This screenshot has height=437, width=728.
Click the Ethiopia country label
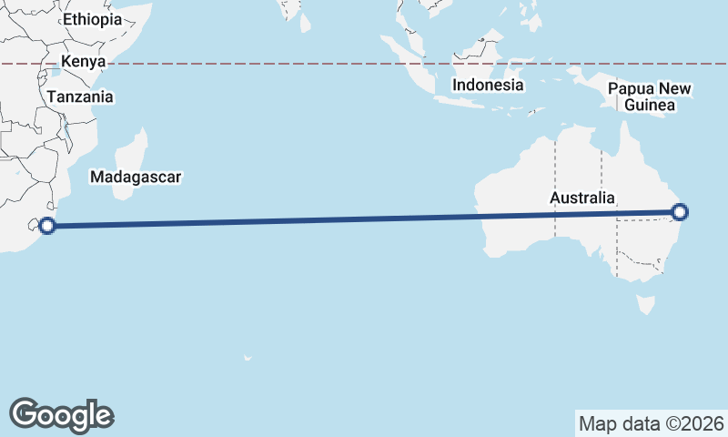(x=92, y=19)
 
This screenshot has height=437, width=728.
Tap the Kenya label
(x=84, y=62)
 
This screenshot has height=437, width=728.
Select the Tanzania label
(x=81, y=97)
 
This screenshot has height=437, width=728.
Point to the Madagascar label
(x=136, y=177)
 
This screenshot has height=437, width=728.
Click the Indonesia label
(x=489, y=85)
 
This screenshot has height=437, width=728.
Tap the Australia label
(x=582, y=198)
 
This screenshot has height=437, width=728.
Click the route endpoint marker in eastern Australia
(x=679, y=213)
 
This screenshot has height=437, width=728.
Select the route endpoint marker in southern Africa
(x=48, y=226)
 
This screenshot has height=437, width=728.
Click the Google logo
(x=61, y=414)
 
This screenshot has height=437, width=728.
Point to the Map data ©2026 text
(x=652, y=423)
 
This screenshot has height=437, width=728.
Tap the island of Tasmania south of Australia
(x=646, y=303)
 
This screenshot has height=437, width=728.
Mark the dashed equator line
(x=273, y=64)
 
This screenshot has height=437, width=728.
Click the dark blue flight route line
(x=364, y=219)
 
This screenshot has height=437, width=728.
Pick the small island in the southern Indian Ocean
(x=247, y=358)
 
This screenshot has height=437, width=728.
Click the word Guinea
(x=650, y=106)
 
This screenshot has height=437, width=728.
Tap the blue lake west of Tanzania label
(x=56, y=71)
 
